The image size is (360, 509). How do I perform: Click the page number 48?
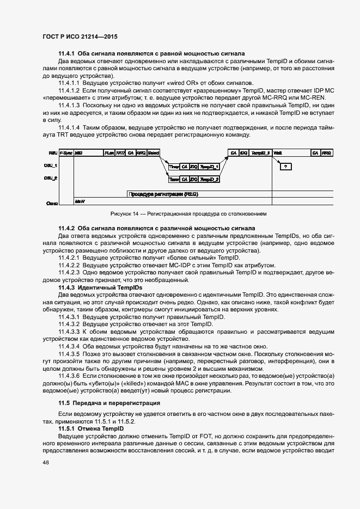point(45,462)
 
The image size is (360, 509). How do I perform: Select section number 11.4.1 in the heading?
point(67,53)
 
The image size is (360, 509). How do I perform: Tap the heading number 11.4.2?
point(67,228)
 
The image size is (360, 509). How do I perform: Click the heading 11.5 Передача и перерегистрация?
point(109,403)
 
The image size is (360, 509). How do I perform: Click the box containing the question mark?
point(286,166)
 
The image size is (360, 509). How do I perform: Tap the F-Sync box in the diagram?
point(66,153)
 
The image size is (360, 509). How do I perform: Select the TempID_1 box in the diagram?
point(209,166)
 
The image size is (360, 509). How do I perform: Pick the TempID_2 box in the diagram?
point(209,179)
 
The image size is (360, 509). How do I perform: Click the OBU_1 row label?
point(51,165)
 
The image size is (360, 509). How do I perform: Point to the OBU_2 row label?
point(51,178)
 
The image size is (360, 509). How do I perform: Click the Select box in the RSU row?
point(153,153)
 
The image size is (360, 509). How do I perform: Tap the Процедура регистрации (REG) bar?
point(163,193)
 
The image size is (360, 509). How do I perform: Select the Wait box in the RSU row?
point(278,153)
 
